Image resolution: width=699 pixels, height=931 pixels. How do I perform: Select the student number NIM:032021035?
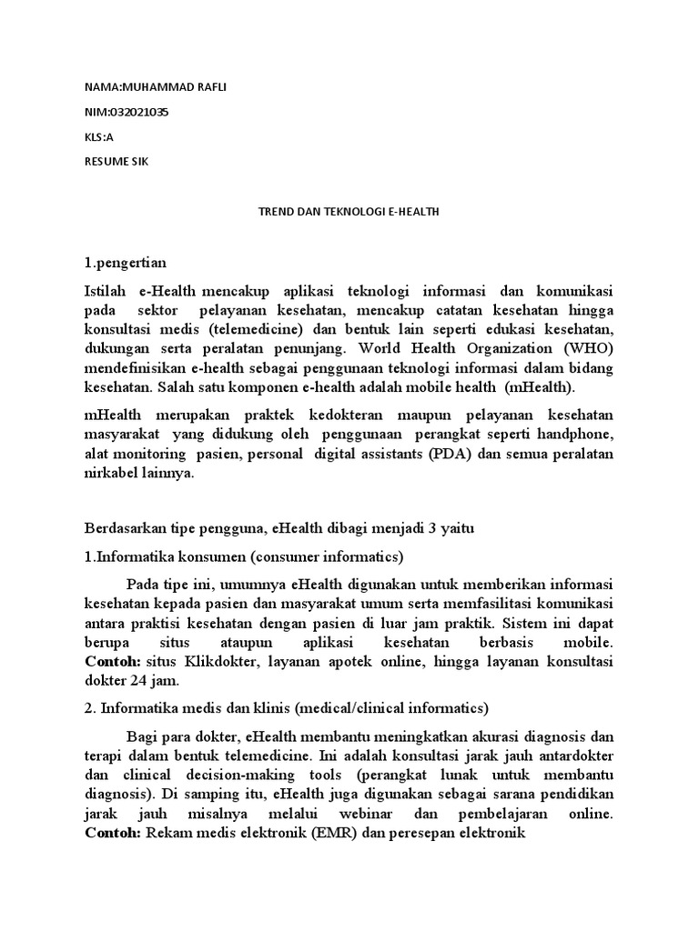tap(126, 112)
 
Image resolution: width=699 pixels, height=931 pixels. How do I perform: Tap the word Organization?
tap(500, 349)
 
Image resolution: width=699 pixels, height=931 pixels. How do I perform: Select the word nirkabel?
tap(112, 474)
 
